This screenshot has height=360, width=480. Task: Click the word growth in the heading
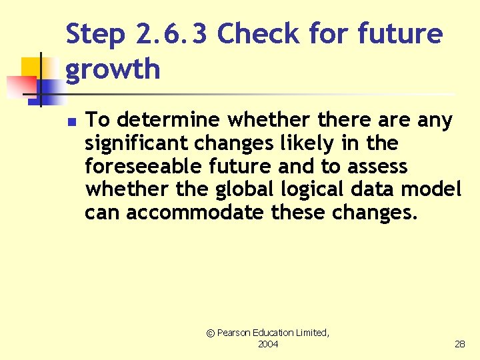pyautogui.click(x=113, y=69)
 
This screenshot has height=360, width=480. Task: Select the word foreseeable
pyautogui.click(x=142, y=166)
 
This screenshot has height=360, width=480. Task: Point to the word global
pyautogui.click(x=243, y=189)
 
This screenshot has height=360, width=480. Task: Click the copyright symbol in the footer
pyautogui.click(x=211, y=333)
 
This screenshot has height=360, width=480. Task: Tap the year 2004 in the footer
pyautogui.click(x=268, y=344)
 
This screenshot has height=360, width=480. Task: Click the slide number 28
pyautogui.click(x=460, y=344)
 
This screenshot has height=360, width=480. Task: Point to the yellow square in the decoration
pyautogui.click(x=32, y=68)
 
